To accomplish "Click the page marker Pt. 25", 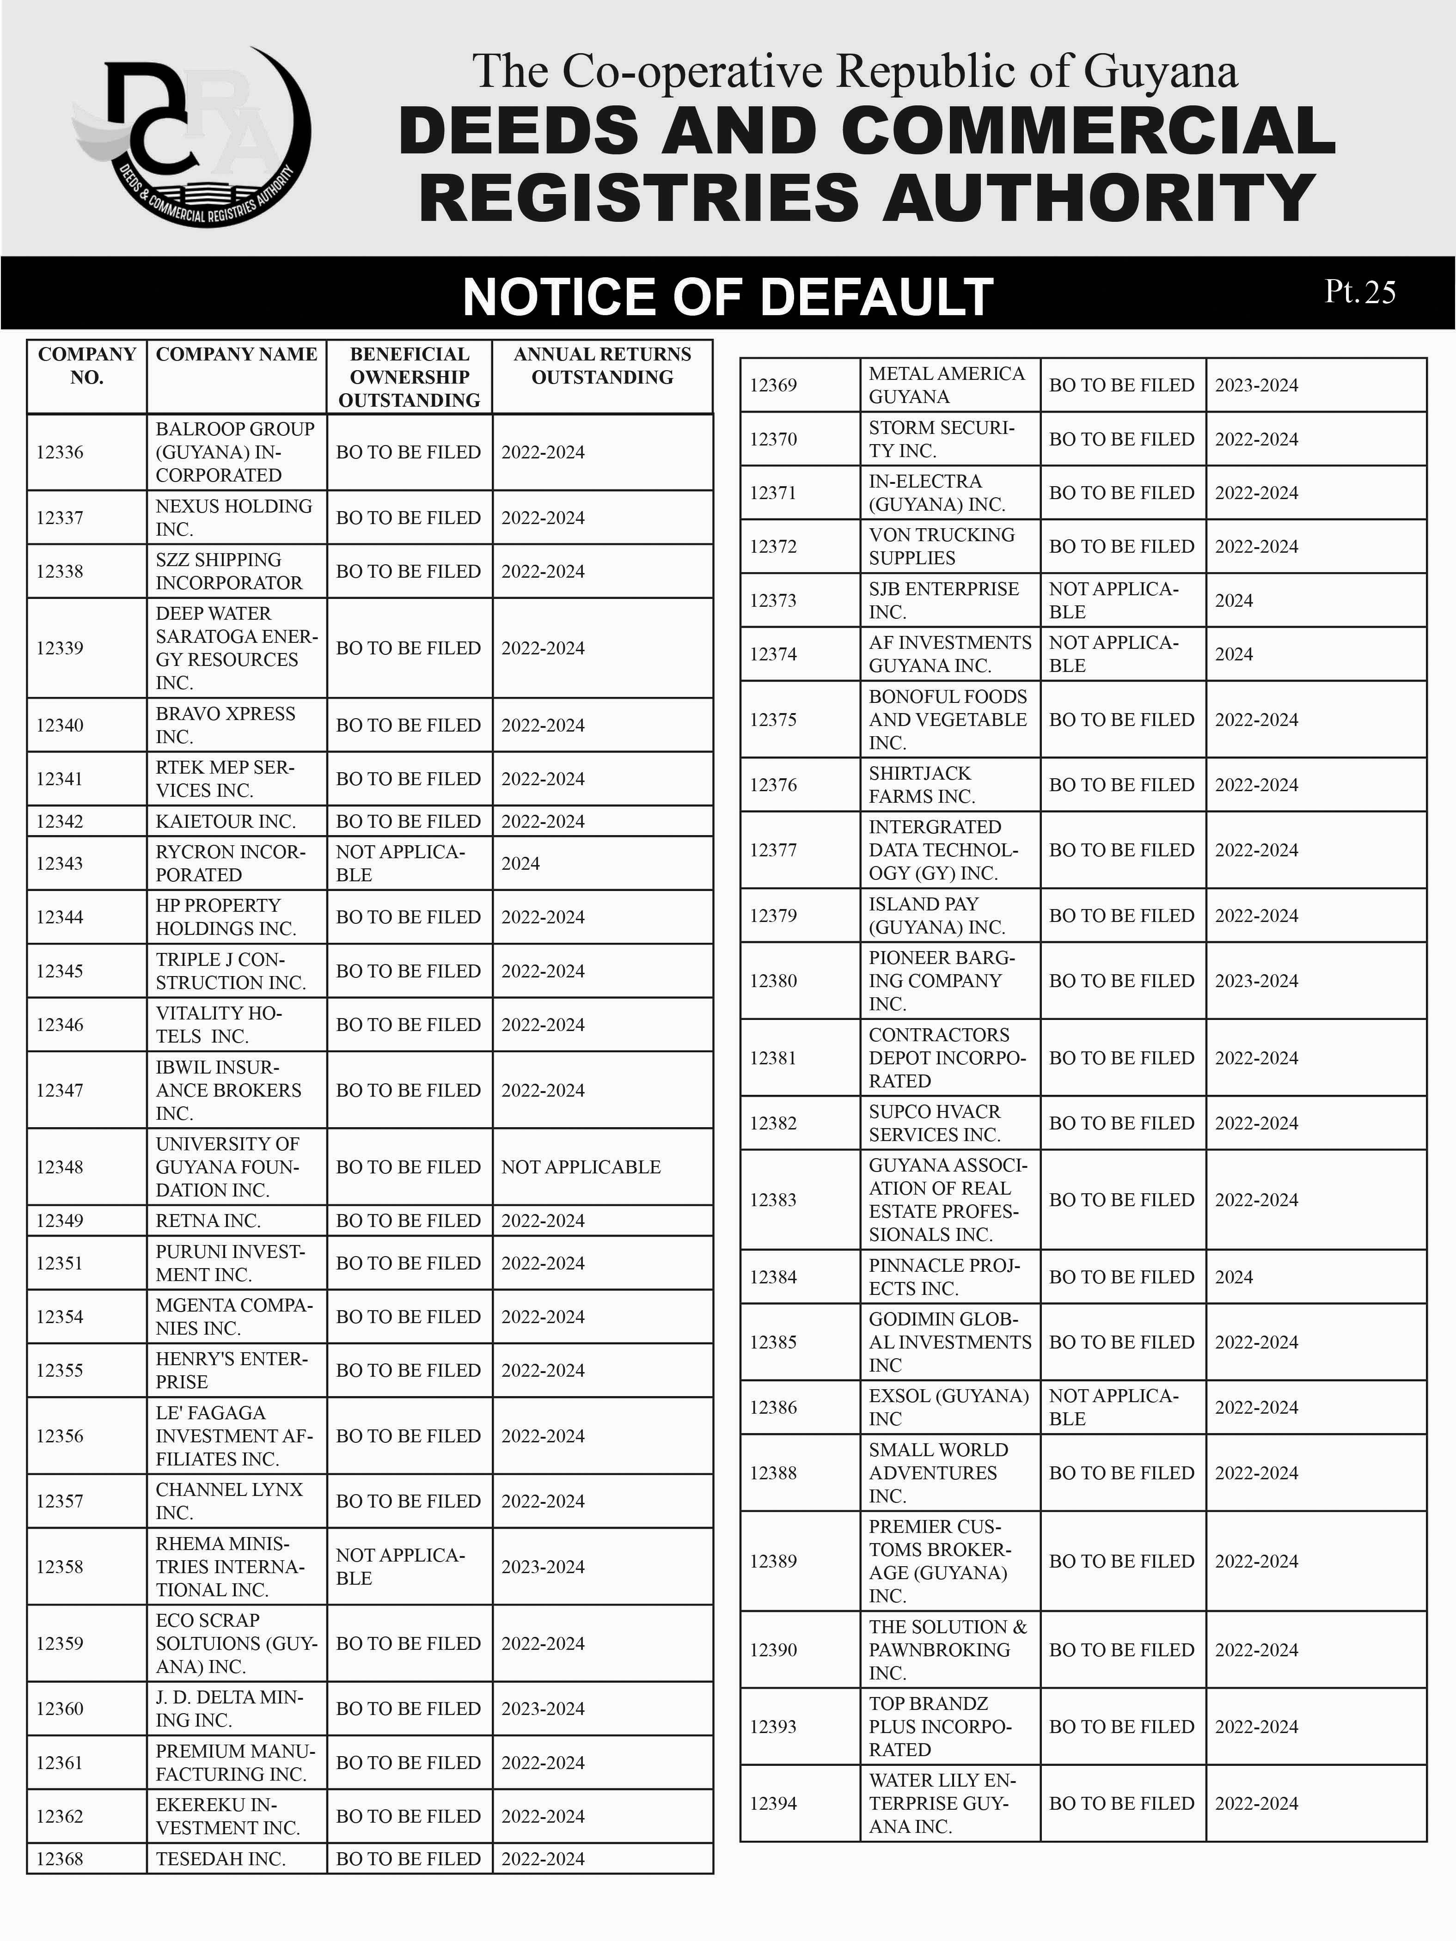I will point(1359,292).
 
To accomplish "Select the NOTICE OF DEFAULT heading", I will point(728,297).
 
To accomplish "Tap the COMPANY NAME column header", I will point(236,354).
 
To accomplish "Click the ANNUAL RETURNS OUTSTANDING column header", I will point(602,366).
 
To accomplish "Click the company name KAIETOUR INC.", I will point(226,821).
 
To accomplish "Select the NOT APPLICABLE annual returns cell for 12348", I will point(581,1167).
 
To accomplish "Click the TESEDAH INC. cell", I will point(220,1859).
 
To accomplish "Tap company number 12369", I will point(773,385).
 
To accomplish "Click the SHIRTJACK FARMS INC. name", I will point(922,784).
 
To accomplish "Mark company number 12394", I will point(773,1803).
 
